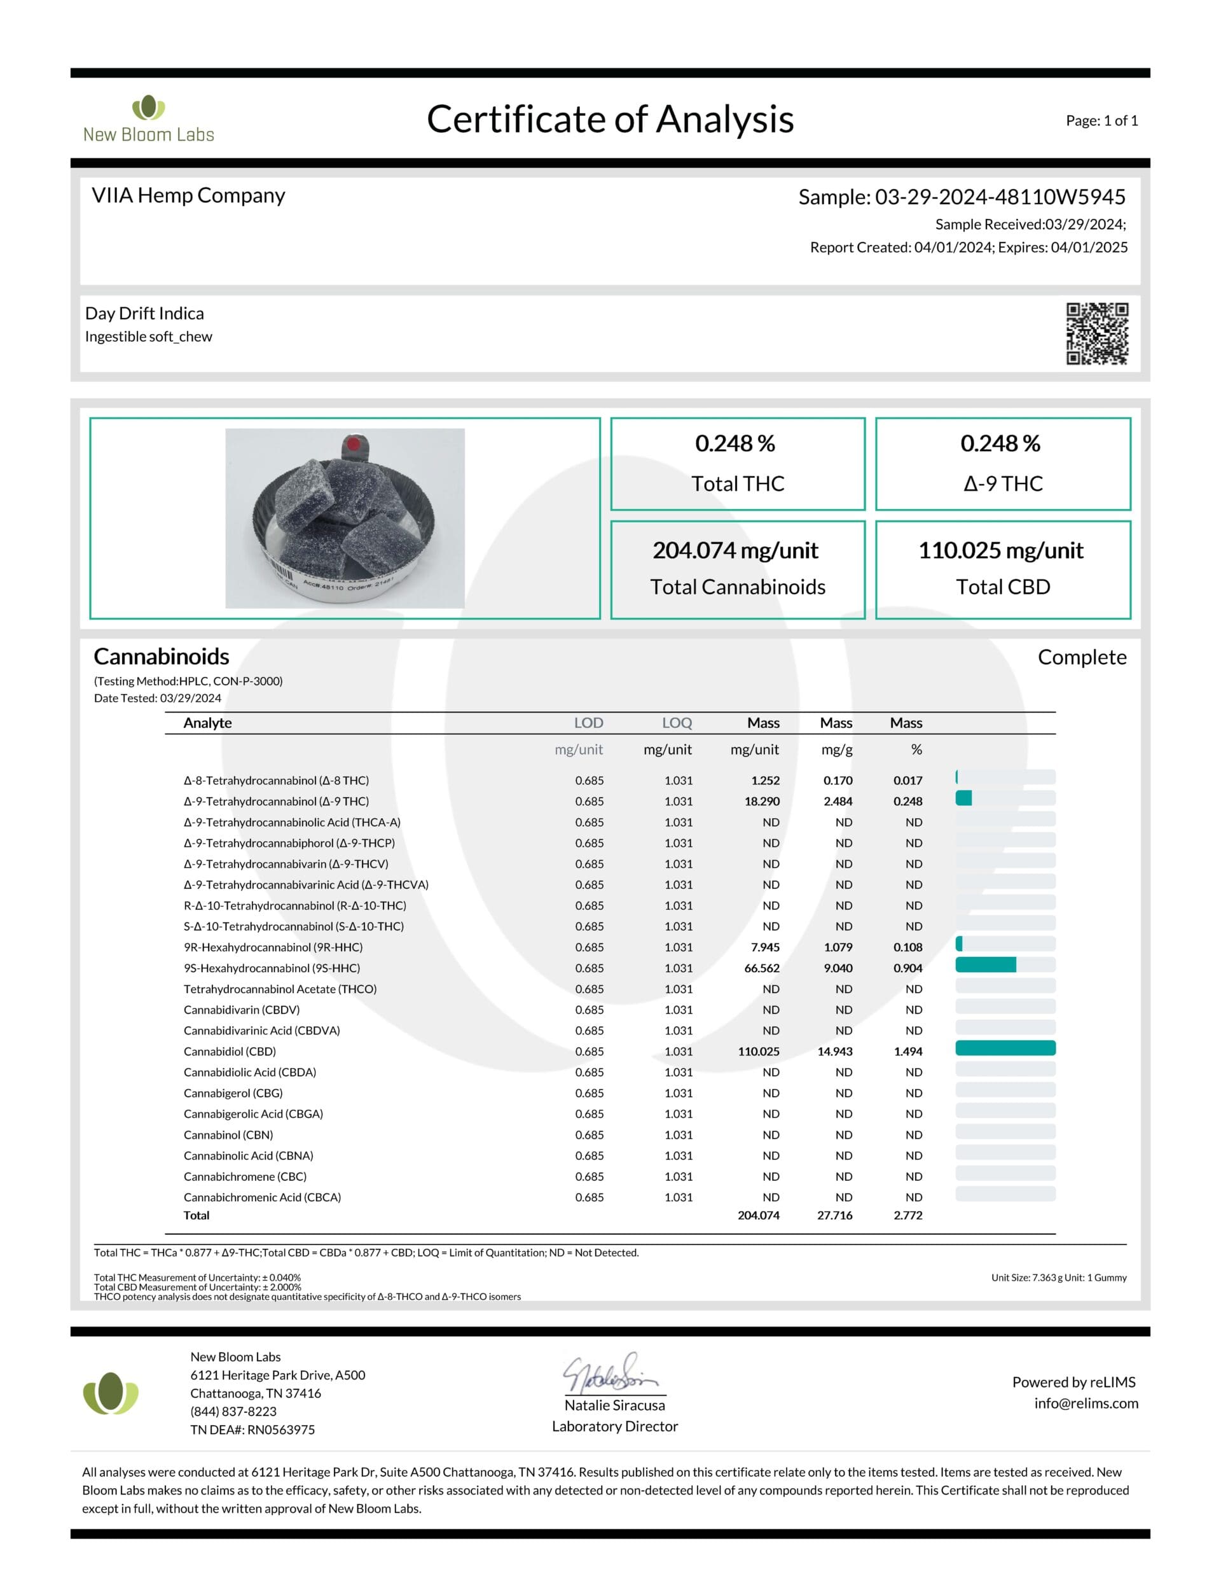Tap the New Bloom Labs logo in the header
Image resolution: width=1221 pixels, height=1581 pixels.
pyautogui.click(x=148, y=119)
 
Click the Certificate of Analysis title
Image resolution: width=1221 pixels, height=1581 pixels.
pyautogui.click(x=610, y=120)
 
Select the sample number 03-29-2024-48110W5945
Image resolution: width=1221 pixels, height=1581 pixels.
pyautogui.click(x=1000, y=197)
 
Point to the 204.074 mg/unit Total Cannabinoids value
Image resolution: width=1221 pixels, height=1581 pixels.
pyautogui.click(x=735, y=550)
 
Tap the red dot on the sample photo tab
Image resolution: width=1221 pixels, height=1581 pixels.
pyautogui.click(x=353, y=443)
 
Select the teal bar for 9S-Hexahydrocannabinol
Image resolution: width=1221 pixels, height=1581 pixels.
pyautogui.click(x=985, y=965)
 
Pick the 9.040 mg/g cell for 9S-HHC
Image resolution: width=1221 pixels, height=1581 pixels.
pyautogui.click(x=838, y=968)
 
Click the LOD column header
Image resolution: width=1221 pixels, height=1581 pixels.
pyautogui.click(x=588, y=723)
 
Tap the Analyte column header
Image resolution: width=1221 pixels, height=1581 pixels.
pyautogui.click(x=208, y=723)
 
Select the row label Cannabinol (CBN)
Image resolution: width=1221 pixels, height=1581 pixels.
pyautogui.click(x=228, y=1134)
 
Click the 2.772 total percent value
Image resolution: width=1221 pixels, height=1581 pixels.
pyautogui.click(x=907, y=1215)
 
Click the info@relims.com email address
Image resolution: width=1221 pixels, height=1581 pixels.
pyautogui.click(x=1086, y=1403)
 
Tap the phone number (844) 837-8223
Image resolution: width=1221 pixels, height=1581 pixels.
pyautogui.click(x=233, y=1411)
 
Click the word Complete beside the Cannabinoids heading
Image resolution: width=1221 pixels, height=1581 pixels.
pyautogui.click(x=1081, y=657)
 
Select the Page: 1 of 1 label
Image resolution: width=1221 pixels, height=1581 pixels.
pyautogui.click(x=1101, y=120)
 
